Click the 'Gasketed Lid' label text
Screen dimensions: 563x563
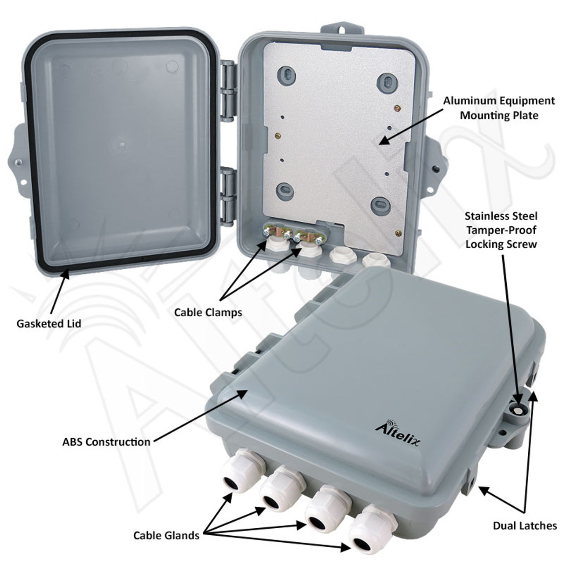[49, 324]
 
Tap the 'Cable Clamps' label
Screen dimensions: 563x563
[208, 312]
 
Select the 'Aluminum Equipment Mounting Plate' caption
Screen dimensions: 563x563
[499, 108]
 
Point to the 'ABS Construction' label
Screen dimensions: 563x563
[106, 441]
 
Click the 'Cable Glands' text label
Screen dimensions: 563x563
[166, 535]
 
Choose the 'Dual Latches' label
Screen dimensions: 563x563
[525, 525]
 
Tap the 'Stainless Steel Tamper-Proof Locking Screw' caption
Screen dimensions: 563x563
[501, 230]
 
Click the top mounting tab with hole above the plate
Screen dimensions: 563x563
[342, 32]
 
